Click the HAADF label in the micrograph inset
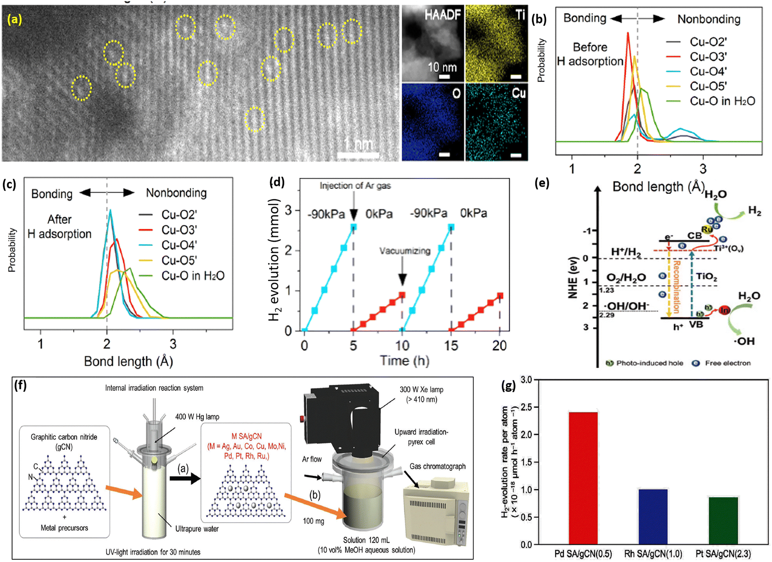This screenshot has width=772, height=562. pyautogui.click(x=442, y=15)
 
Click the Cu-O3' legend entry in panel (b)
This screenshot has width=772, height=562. pyautogui.click(x=708, y=57)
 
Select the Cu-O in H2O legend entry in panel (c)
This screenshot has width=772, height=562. pyautogui.click(x=193, y=276)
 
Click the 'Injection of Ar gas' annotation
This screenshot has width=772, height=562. pyautogui.click(x=355, y=186)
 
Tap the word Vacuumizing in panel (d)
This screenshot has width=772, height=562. pyautogui.click(x=405, y=251)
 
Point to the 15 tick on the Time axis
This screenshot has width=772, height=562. pyautogui.click(x=451, y=346)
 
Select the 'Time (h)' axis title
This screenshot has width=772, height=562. pyautogui.click(x=404, y=361)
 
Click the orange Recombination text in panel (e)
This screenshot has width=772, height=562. pyautogui.click(x=676, y=287)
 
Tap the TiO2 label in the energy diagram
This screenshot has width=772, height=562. pyautogui.click(x=706, y=277)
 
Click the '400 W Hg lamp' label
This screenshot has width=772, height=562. pyautogui.click(x=197, y=417)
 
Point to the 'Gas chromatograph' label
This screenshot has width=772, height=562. pyautogui.click(x=437, y=466)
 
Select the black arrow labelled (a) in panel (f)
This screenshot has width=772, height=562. pyautogui.click(x=185, y=478)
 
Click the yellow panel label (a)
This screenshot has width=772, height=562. pyautogui.click(x=15, y=19)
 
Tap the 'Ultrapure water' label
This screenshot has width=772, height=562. pyautogui.click(x=197, y=529)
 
